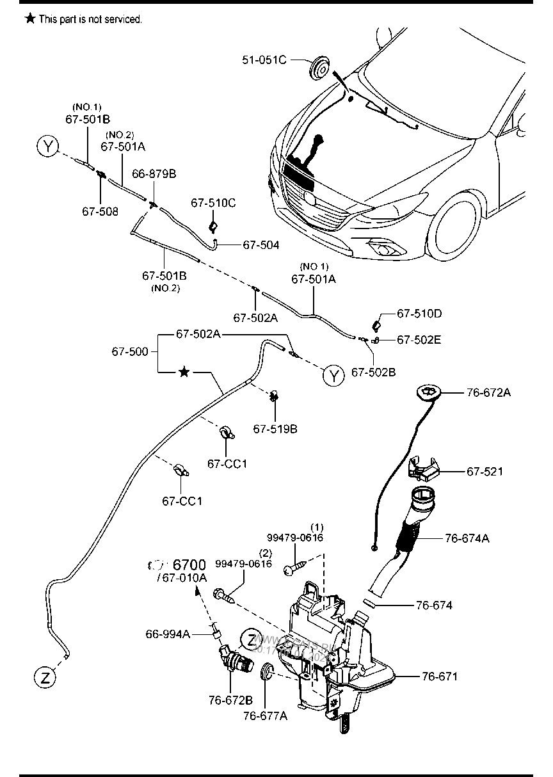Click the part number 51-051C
tap(263, 60)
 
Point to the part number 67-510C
tap(213, 203)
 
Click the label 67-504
tap(260, 244)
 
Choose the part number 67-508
tap(100, 211)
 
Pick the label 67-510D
tap(419, 314)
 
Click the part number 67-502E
tap(419, 340)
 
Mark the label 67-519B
tap(275, 428)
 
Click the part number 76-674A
tap(467, 538)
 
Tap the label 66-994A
tap(167, 634)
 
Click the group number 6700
tap(189, 565)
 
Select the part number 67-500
tap(130, 351)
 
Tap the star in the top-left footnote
tap(30, 19)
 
